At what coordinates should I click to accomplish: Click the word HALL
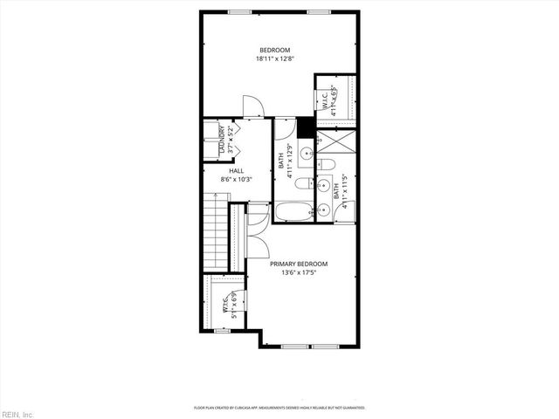click(236, 171)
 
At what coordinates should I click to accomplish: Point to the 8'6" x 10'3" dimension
click(236, 180)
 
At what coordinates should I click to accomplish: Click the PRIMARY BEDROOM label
click(298, 264)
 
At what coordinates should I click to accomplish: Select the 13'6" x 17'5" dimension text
click(298, 272)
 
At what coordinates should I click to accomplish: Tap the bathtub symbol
click(292, 212)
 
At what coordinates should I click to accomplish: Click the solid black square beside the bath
click(305, 128)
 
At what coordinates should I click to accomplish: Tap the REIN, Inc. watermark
click(17, 413)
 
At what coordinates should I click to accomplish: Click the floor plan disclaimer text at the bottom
click(279, 408)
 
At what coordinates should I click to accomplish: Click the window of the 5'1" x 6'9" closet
click(222, 331)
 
